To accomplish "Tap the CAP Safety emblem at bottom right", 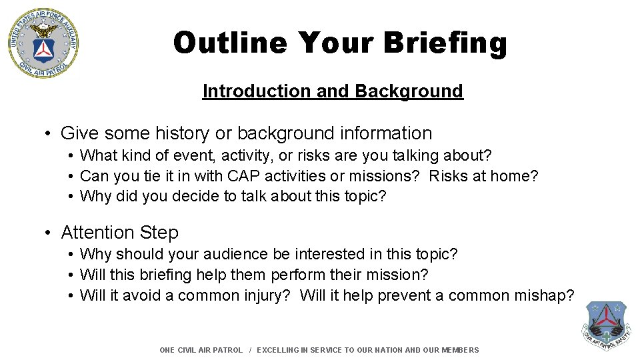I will pyautogui.click(x=606, y=326).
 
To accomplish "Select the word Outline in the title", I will pyautogui.click(x=230, y=43).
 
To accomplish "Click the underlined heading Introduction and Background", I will pyautogui.click(x=332, y=91).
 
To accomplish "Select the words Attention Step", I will pyautogui.click(x=120, y=233).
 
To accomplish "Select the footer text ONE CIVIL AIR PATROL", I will pyautogui.click(x=201, y=350).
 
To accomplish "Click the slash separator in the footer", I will pyautogui.click(x=250, y=350).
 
